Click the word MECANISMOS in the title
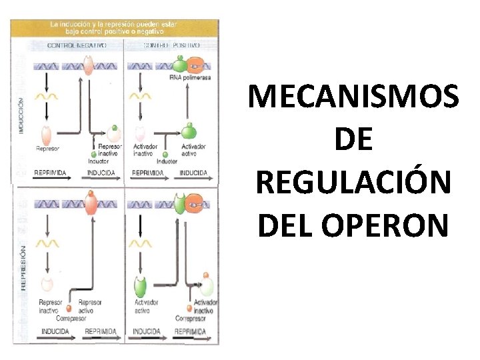click(353, 97)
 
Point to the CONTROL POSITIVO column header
click(171, 45)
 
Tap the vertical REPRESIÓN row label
click(23, 267)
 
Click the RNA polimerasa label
click(189, 77)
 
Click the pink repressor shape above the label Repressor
click(47, 133)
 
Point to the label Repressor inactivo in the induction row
click(109, 149)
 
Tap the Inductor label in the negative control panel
click(98, 161)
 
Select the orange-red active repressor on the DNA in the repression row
click(89, 202)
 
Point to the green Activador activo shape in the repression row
click(141, 287)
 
